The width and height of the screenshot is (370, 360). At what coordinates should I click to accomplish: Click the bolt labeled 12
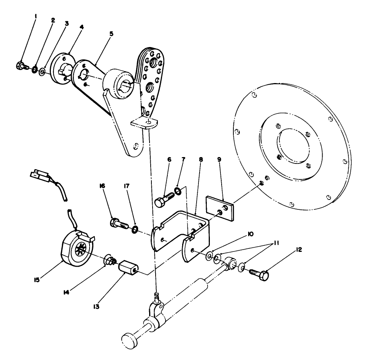pos(260,272)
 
